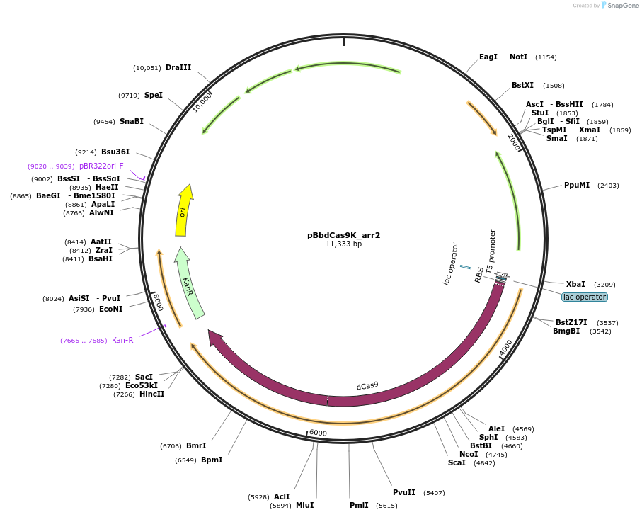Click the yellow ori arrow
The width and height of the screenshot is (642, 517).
click(x=183, y=210)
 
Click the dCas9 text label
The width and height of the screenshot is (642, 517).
click(x=367, y=386)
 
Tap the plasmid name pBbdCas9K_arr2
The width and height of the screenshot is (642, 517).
click(x=343, y=235)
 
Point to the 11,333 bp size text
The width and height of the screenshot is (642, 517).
click(x=343, y=244)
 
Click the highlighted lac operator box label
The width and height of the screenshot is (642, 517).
click(x=585, y=297)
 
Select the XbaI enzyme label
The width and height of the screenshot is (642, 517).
click(x=575, y=284)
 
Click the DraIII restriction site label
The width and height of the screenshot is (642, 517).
click(x=178, y=68)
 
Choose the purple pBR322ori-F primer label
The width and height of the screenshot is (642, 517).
click(x=101, y=166)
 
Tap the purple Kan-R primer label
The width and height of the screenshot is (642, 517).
click(x=122, y=340)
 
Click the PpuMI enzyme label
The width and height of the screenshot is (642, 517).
click(x=577, y=186)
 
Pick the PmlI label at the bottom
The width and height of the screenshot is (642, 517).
click(x=359, y=505)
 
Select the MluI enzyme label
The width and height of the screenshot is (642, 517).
click(x=304, y=505)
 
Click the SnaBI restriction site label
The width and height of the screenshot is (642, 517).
click(x=132, y=122)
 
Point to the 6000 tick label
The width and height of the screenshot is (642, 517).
click(x=318, y=433)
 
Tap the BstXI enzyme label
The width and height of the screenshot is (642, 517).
click(x=522, y=86)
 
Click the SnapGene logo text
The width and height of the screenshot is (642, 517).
click(x=620, y=6)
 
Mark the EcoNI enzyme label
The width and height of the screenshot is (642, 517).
click(x=111, y=309)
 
